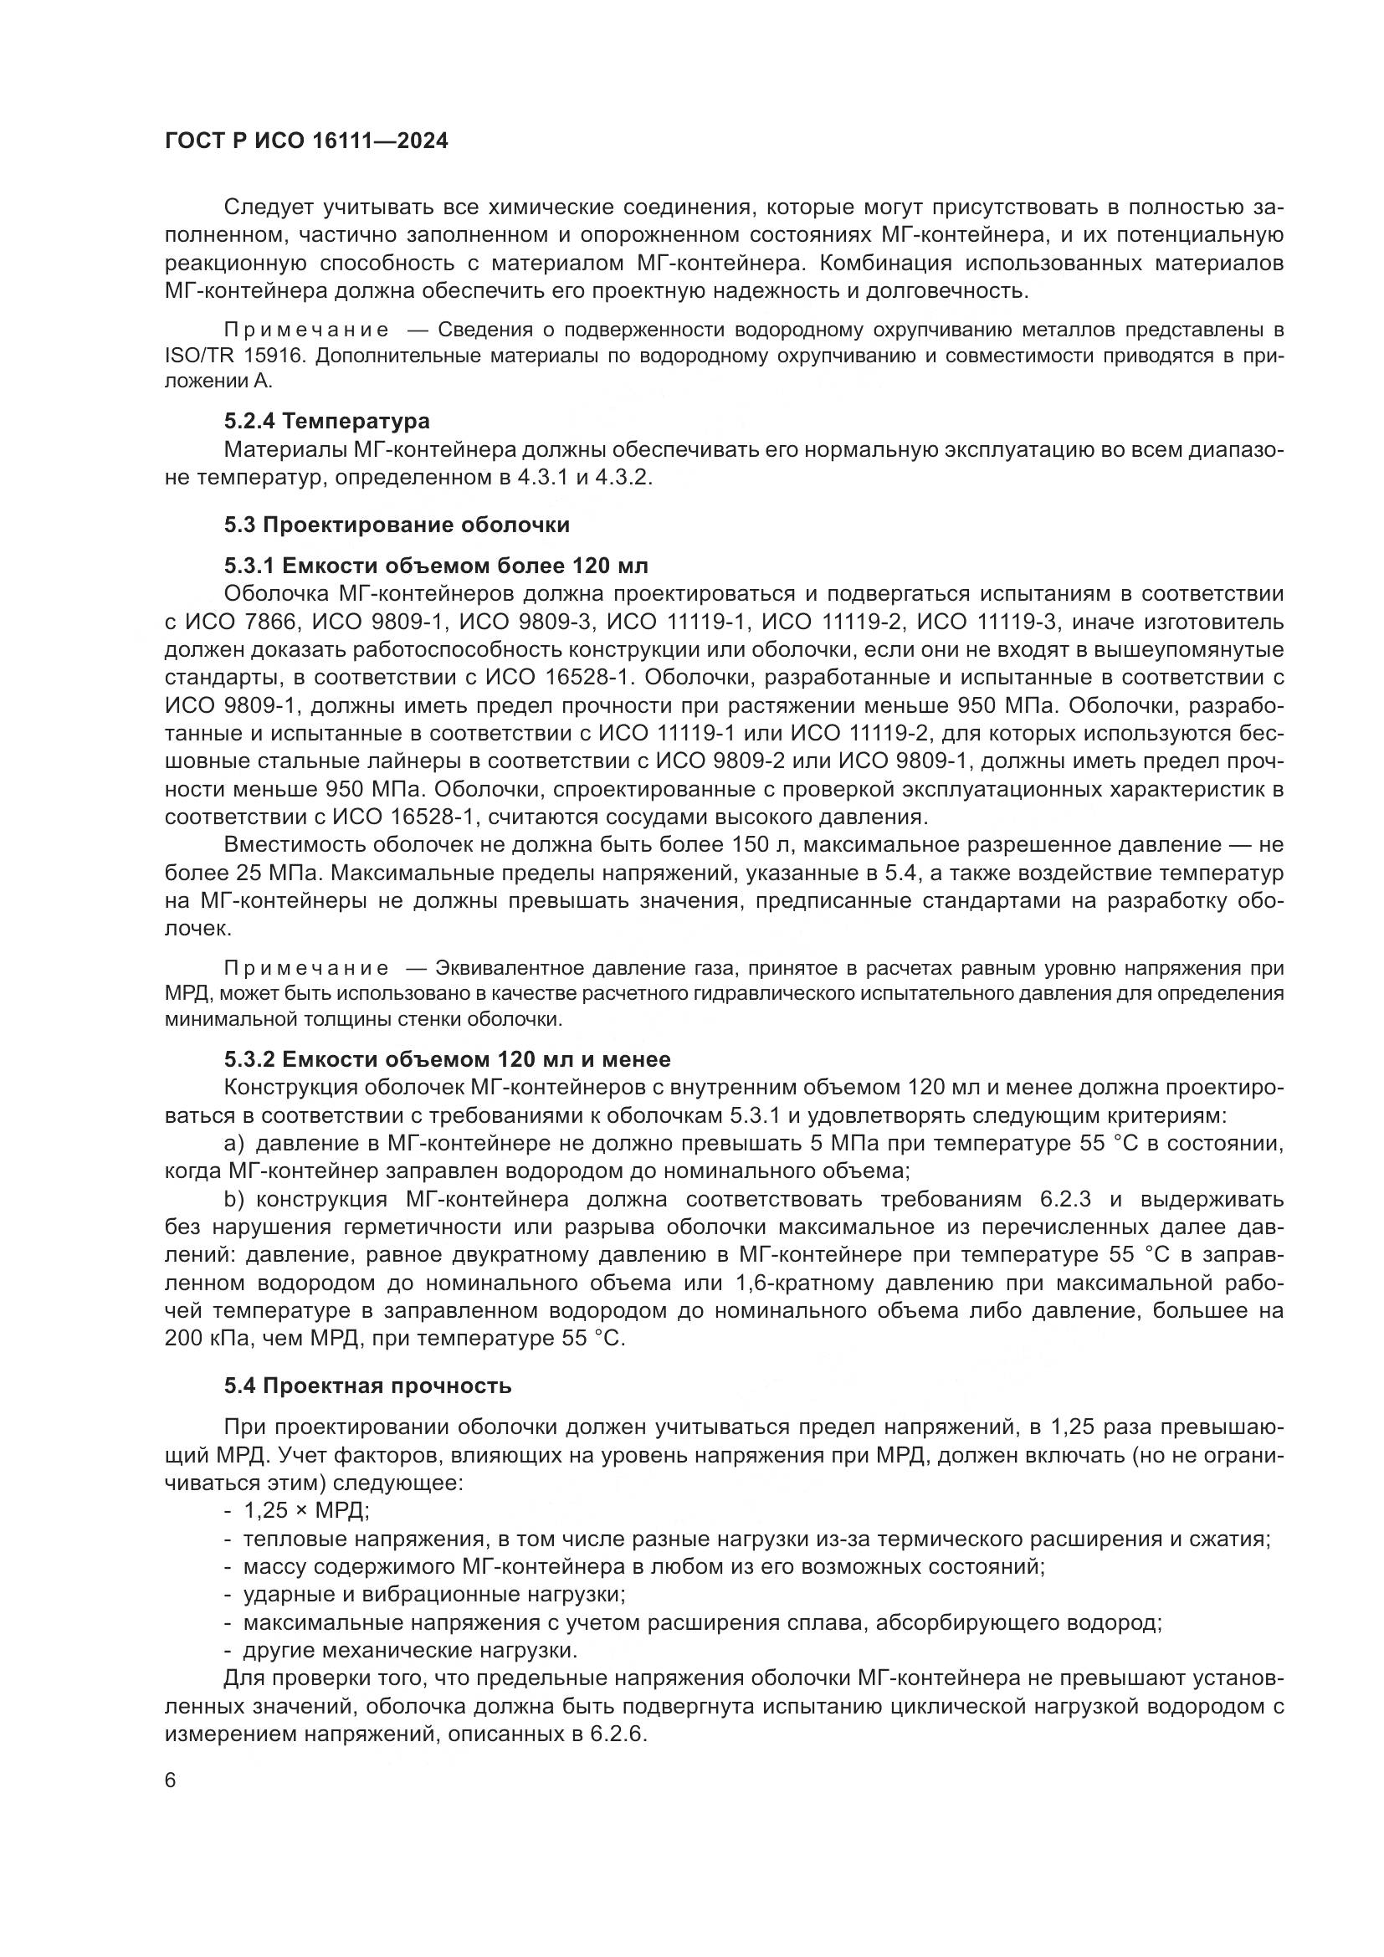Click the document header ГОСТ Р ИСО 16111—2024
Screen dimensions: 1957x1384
306,141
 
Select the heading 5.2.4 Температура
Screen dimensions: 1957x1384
326,421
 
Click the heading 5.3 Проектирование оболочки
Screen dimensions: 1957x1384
397,525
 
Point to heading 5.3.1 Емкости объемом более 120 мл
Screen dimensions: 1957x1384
436,566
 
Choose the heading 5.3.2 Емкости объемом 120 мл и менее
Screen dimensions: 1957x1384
448,1059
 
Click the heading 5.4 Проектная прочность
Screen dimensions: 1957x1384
368,1386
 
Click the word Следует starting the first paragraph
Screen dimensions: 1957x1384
272,207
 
